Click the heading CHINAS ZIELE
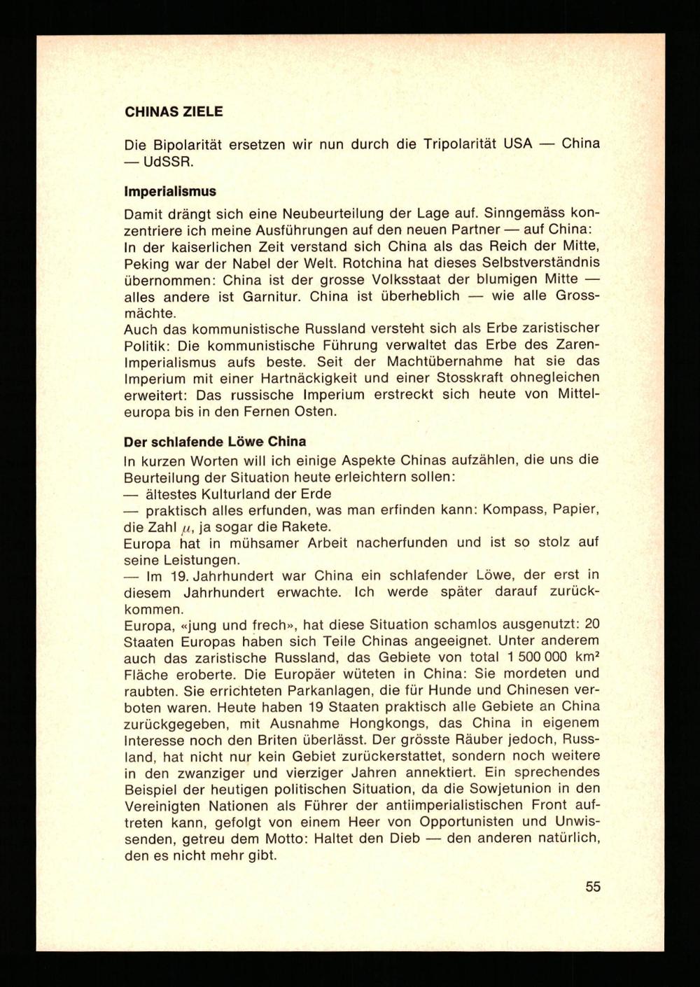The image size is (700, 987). (173, 111)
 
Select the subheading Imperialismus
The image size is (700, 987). (169, 191)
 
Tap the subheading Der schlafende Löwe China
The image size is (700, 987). (214, 442)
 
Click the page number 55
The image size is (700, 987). (593, 887)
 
